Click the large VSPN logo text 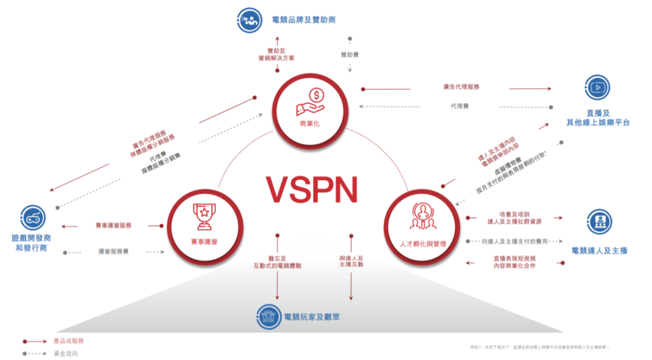313,189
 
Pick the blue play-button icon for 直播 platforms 598,88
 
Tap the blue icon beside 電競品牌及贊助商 249,20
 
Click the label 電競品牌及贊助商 305,20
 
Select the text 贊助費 350,55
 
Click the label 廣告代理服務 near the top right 461,87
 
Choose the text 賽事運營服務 113,225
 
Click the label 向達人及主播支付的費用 514,242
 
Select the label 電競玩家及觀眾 312,316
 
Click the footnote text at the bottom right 540,347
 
